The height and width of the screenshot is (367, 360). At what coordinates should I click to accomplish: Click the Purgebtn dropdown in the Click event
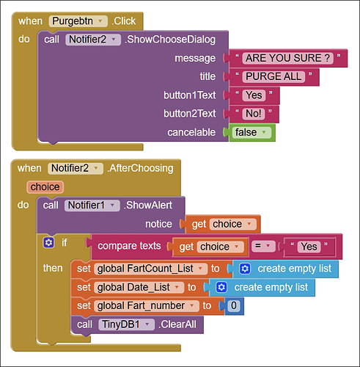(78, 21)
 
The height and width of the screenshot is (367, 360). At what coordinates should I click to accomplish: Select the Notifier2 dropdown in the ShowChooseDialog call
(93, 40)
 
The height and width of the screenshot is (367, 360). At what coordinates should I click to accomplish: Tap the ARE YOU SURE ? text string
(287, 58)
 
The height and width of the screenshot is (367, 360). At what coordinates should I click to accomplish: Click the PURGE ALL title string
(273, 76)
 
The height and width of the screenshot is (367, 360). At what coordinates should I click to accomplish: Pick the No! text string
(254, 114)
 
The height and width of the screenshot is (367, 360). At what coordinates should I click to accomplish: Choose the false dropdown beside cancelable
(251, 132)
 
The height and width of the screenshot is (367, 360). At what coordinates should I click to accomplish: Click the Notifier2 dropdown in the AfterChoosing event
(76, 168)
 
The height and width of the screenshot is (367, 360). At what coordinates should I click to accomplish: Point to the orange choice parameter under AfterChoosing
(45, 187)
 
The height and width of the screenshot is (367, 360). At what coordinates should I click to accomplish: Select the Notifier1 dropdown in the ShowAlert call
(92, 206)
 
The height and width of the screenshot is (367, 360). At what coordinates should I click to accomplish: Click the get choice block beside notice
(223, 224)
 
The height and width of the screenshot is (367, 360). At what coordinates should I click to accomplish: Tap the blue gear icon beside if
(48, 242)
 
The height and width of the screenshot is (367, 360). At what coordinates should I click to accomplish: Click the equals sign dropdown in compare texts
(263, 246)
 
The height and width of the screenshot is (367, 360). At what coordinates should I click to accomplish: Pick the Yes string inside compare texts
(309, 247)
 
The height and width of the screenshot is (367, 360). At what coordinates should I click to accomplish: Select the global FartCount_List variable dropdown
(150, 269)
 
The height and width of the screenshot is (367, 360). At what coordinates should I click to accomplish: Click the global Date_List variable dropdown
(139, 288)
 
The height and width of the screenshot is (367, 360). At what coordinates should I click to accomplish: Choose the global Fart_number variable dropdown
(147, 306)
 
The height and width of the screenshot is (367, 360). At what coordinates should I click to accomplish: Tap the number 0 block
(234, 306)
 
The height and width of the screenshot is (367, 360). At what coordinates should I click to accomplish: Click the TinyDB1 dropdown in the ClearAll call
(126, 324)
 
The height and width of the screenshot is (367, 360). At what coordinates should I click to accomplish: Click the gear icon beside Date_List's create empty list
(221, 287)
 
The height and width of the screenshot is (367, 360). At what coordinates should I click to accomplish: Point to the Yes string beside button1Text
(254, 95)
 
